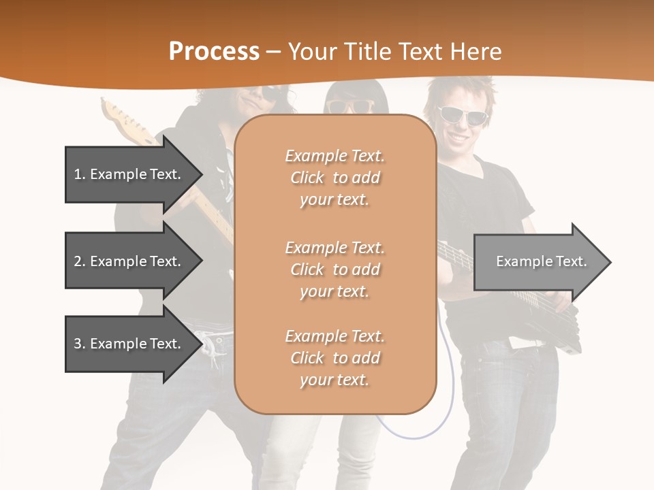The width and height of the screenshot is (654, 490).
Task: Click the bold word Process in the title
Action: (x=214, y=52)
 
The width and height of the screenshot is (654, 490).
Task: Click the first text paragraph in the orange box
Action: (x=334, y=178)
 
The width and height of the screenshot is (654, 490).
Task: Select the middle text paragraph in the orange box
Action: (x=334, y=269)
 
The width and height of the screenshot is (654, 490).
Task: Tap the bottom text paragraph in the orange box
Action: (x=334, y=358)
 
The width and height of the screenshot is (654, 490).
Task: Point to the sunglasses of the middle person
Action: (x=350, y=106)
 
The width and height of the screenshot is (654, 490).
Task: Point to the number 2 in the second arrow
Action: (x=77, y=261)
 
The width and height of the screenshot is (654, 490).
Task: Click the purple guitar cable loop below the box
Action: (x=416, y=429)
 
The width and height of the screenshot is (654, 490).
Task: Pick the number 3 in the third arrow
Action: (x=77, y=344)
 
